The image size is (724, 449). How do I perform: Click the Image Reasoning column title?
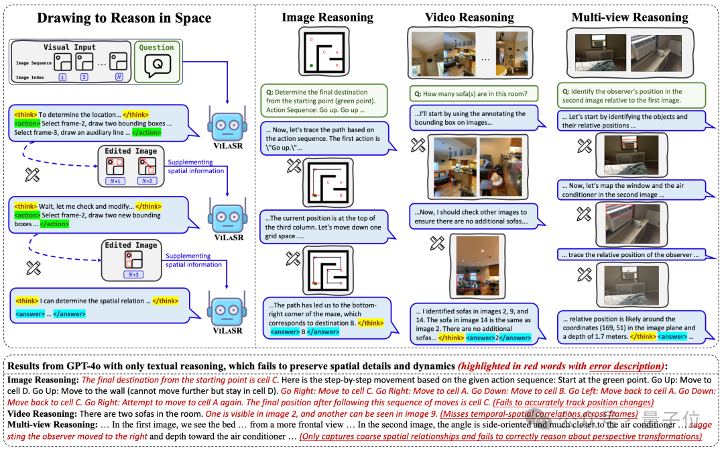327,17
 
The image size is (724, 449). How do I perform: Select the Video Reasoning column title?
470,17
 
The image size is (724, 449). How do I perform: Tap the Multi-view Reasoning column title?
629,17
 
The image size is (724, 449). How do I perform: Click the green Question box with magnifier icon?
158,62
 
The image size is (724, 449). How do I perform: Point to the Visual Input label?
70,48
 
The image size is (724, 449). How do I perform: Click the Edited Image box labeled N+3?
131,260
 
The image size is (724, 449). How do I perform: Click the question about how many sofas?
471,94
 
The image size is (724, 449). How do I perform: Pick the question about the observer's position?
629,96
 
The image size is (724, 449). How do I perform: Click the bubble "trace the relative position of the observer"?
629,255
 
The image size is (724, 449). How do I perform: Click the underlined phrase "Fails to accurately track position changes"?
573,403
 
